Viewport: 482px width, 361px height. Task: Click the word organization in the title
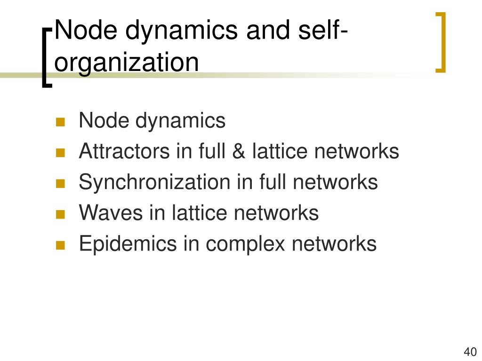[127, 63]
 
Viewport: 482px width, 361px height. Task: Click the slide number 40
[470, 352]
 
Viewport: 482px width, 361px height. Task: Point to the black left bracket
[46, 57]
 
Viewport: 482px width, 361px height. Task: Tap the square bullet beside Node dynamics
[60, 123]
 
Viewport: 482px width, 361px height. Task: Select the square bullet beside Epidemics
[60, 245]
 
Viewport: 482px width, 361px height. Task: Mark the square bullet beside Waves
[60, 215]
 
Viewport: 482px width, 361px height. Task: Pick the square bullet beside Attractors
[60, 153]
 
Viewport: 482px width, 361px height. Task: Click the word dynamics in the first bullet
[181, 121]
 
